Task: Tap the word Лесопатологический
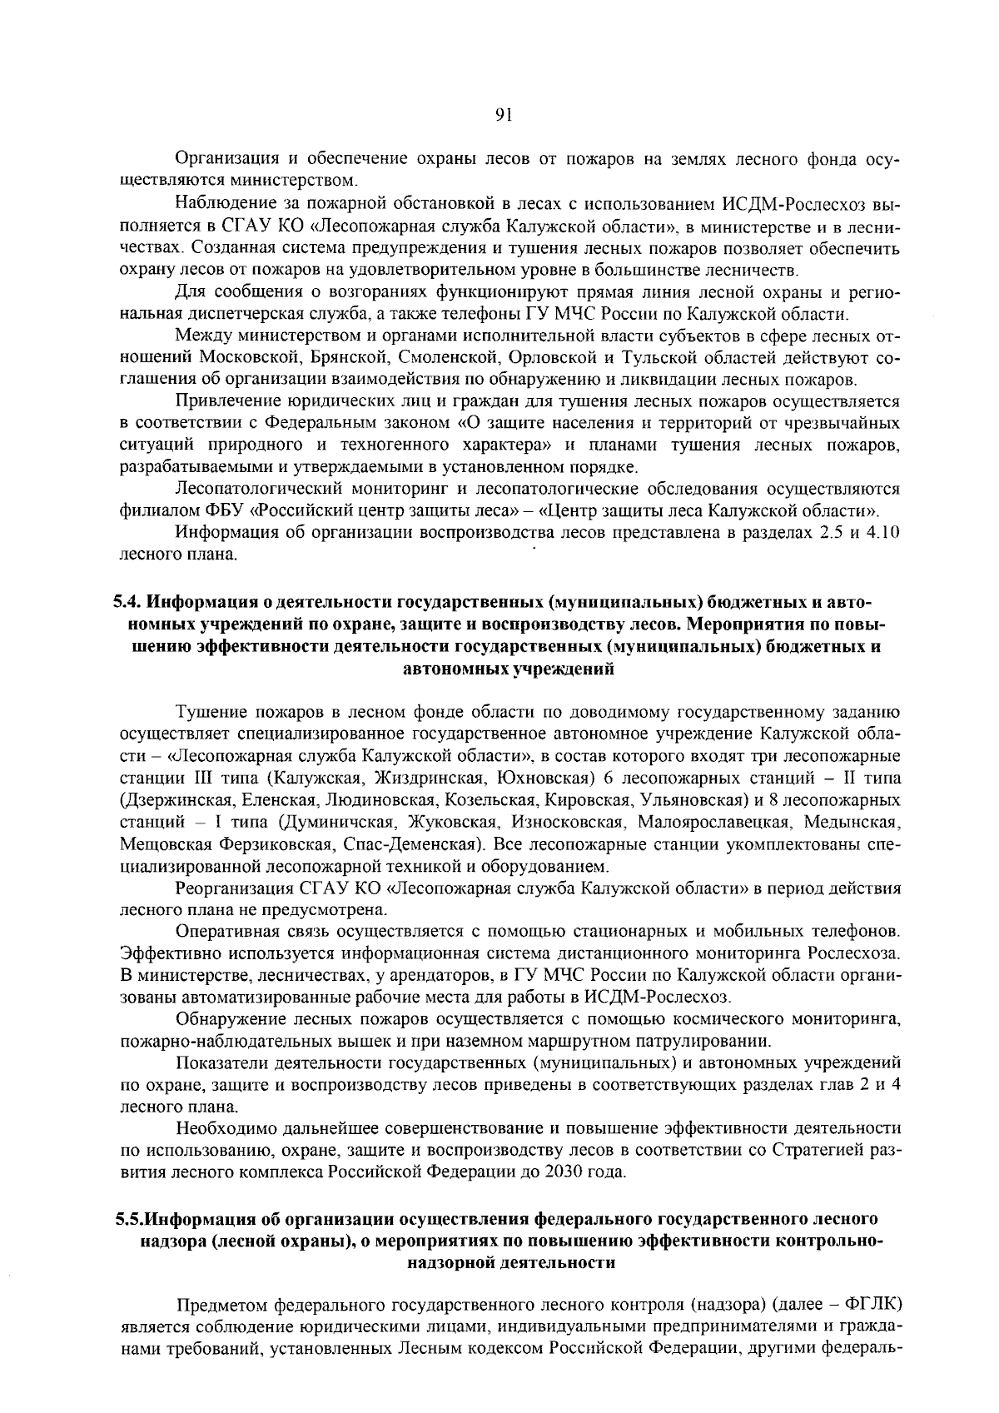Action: click(x=250, y=489)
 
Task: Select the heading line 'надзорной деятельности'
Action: click(x=508, y=1263)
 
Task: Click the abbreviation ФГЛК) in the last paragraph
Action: click(x=874, y=1304)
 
